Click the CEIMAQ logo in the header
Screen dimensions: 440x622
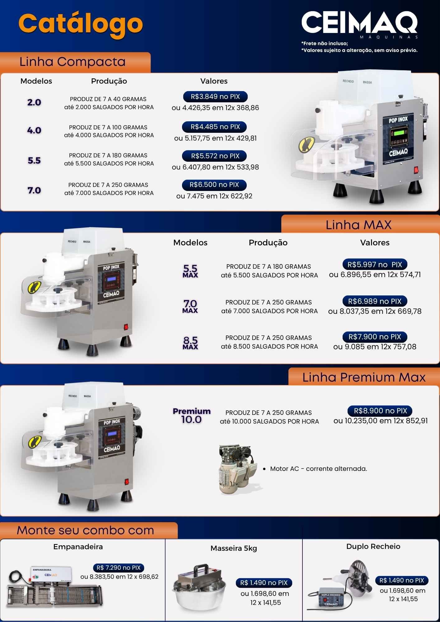[360, 24]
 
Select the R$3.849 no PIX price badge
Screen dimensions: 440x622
[215, 97]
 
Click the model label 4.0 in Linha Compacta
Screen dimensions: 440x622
[34, 130]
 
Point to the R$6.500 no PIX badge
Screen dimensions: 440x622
[214, 185]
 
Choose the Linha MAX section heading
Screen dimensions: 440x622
[358, 225]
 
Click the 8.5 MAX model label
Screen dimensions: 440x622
[190, 343]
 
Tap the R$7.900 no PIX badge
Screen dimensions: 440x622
[375, 337]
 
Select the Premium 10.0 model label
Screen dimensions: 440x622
[192, 416]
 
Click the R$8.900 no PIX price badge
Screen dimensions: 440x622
[380, 411]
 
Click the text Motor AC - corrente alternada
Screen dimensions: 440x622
[319, 469]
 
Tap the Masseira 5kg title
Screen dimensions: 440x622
[234, 548]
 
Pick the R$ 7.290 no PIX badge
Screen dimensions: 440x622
[119, 568]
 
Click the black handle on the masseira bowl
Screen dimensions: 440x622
[201, 570]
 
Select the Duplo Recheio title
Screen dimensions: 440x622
[373, 546]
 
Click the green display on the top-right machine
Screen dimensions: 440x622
[399, 132]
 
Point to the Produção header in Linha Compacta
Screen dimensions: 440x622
[109, 81]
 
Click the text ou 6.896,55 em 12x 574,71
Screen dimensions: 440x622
[375, 275]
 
